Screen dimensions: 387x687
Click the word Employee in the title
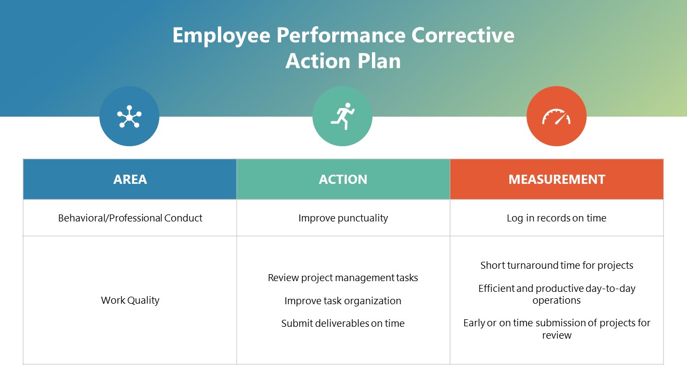(221, 35)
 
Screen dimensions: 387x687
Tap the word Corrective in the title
(463, 35)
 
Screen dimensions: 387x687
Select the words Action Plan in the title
(343, 61)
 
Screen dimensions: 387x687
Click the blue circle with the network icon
(129, 116)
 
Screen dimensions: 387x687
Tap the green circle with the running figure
(342, 116)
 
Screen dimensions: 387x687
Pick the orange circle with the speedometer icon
(556, 117)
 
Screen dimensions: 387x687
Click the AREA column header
(130, 180)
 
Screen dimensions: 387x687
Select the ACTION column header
(343, 180)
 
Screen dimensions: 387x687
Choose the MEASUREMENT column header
(557, 180)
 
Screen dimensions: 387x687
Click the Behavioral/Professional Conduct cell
(130, 218)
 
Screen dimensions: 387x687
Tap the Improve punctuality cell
(343, 218)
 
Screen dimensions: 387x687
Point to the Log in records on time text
(557, 218)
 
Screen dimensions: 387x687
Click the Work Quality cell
(130, 300)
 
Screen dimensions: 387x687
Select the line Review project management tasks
(343, 278)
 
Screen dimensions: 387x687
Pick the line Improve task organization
(343, 301)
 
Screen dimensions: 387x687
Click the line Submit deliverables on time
(343, 324)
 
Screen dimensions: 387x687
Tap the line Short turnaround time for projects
(557, 266)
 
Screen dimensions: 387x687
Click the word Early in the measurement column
(474, 323)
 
